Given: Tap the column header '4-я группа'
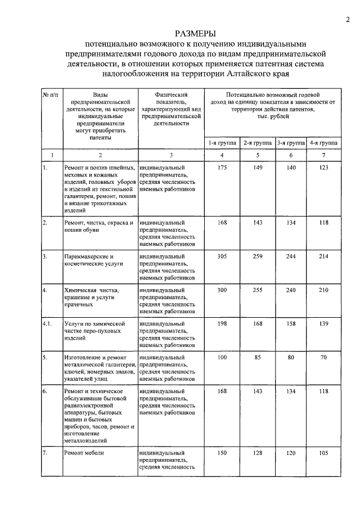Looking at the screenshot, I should click(323, 143).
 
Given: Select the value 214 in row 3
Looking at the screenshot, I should click(323, 256).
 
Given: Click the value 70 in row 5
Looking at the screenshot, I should click(323, 358).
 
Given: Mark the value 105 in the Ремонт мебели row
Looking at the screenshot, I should click(323, 452).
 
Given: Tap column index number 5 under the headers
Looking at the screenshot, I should click(257, 155).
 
